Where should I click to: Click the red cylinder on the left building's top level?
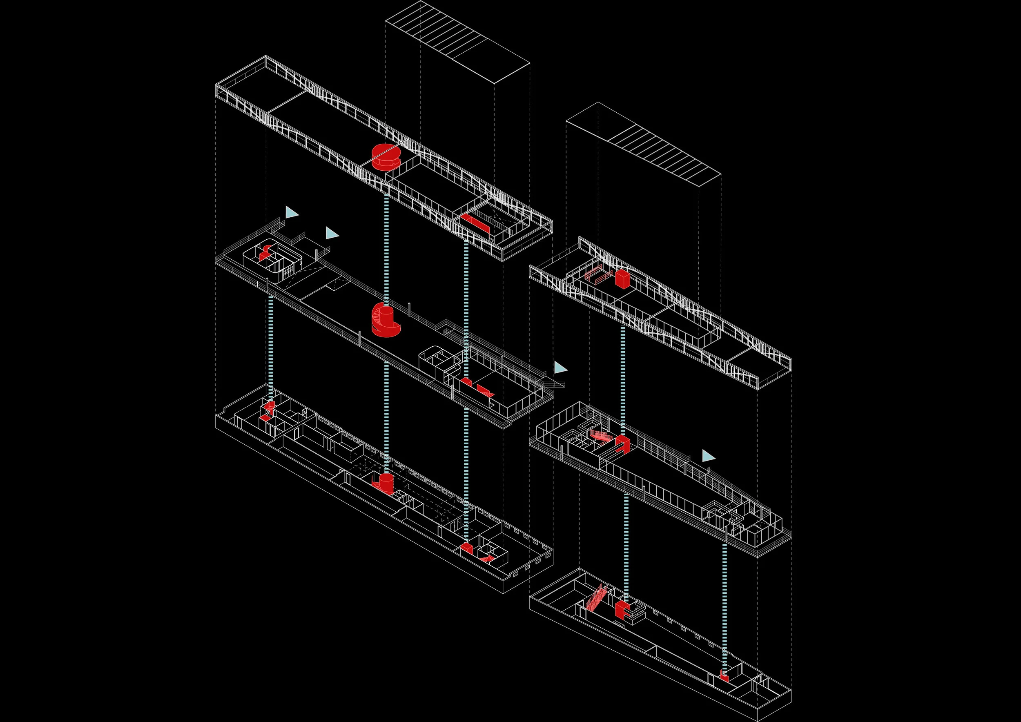(385, 156)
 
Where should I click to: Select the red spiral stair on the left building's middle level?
(384, 320)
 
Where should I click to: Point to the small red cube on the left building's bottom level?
(466, 548)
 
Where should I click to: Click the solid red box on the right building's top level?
(622, 279)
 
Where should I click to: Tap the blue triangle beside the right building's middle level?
(708, 456)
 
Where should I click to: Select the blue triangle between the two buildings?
(560, 368)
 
